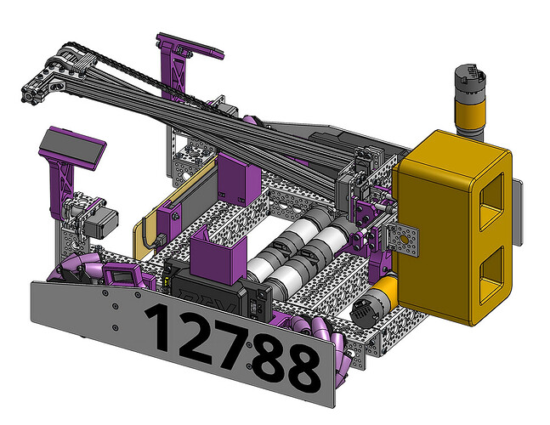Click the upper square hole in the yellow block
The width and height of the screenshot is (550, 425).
[492, 201]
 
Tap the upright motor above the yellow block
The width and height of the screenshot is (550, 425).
[470, 102]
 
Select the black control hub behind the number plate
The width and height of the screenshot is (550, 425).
[218, 291]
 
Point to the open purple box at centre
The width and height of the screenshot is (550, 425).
[218, 254]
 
